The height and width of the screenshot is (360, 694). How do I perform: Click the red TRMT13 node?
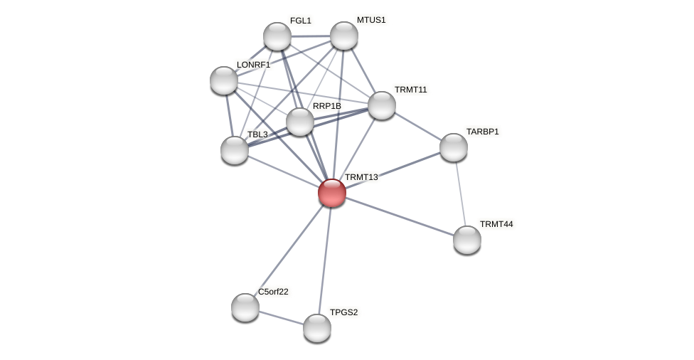(x=332, y=193)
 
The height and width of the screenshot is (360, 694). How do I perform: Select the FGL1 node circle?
(x=277, y=36)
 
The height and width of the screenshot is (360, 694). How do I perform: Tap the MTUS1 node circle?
(x=344, y=36)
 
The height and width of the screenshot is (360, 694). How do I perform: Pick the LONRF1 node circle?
(x=224, y=80)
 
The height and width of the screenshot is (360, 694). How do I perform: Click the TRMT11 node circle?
(x=382, y=105)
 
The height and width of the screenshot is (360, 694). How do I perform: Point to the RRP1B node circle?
(x=300, y=122)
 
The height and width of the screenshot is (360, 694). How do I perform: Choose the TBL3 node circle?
(x=235, y=150)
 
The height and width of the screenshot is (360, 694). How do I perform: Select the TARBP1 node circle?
(x=454, y=147)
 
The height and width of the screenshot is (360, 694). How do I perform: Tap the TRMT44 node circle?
(x=467, y=240)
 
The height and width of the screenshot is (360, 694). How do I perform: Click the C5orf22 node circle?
(x=245, y=307)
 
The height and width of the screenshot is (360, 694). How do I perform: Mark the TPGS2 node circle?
(x=317, y=328)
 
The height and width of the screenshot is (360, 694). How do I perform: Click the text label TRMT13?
(x=361, y=177)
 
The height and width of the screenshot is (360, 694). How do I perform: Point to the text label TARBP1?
(x=482, y=132)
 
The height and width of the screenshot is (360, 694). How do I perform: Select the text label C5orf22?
(x=273, y=292)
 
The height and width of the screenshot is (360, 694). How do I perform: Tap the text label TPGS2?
(x=343, y=312)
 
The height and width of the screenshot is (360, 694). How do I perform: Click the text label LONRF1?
(x=253, y=65)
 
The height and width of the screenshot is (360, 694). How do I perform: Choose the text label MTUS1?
(x=370, y=20)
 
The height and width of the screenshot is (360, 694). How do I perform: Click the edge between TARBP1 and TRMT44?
(x=461, y=194)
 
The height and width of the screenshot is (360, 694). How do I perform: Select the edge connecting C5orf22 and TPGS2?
(x=281, y=317)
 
